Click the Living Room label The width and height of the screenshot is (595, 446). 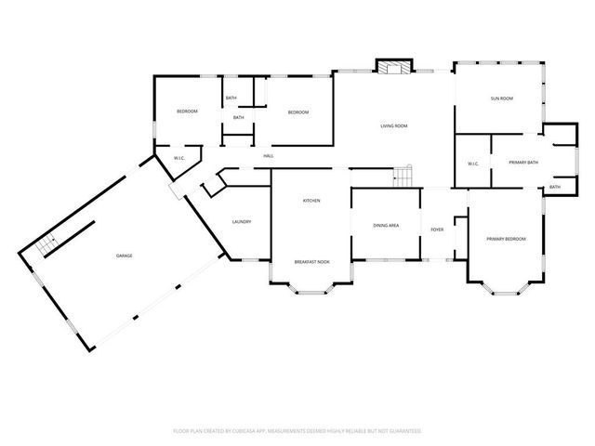point(393,125)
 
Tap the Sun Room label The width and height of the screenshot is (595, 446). point(502,98)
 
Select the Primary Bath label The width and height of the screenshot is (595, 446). point(523,163)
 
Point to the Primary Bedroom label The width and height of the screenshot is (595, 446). point(506,239)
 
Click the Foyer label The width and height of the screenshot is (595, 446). point(437,229)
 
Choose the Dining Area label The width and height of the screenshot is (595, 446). point(386,225)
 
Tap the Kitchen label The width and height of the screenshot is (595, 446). point(311,201)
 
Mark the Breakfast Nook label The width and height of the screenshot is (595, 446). point(311,262)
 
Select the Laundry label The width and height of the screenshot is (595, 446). point(242,222)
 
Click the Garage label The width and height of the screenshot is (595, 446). point(124,255)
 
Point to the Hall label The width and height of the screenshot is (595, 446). point(268,155)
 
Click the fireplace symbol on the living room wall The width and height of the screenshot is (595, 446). point(392,66)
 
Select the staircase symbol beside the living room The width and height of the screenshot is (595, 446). point(402,176)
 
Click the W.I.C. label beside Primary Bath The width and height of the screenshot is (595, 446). point(472,164)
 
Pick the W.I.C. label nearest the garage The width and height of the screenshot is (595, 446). point(179,158)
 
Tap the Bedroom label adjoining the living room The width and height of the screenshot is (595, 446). point(297,112)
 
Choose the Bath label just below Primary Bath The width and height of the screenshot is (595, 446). point(555,187)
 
